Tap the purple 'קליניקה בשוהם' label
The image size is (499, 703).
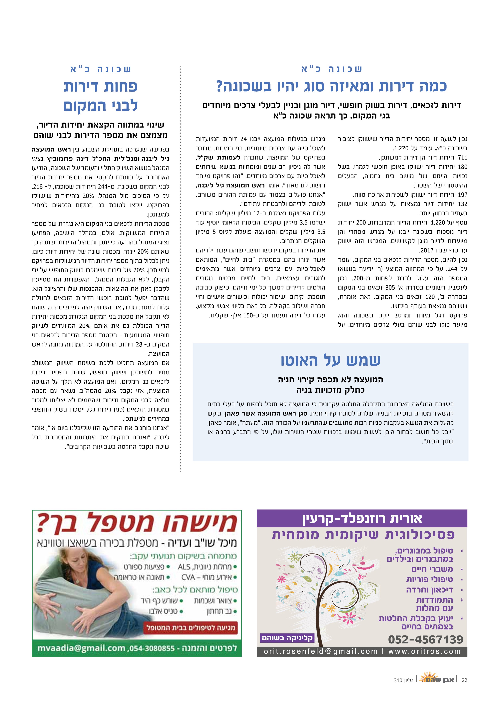click(287, 638)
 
